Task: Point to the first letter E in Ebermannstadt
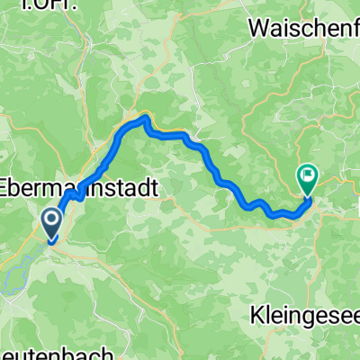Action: pyautogui.click(x=7, y=189)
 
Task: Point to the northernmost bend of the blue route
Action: pyautogui.click(x=144, y=118)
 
